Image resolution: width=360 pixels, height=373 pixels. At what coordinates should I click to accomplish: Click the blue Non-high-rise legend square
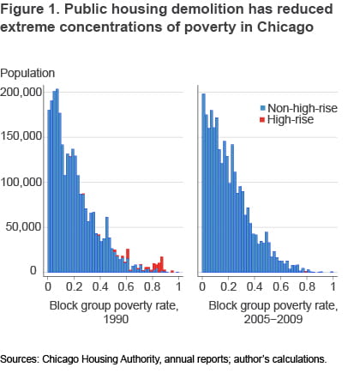point(262,107)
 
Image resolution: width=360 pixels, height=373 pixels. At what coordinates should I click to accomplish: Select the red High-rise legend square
point(262,120)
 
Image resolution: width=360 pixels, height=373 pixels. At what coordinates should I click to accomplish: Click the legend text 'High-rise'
point(291,120)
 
